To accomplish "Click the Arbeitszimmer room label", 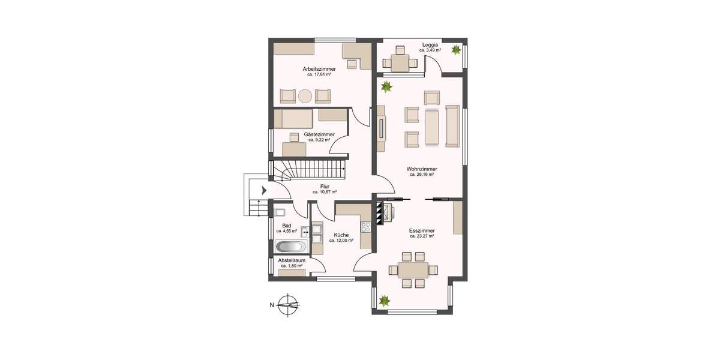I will [x=319, y=69].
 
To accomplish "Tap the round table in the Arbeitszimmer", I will [x=305, y=95].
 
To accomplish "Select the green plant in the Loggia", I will [x=457, y=49].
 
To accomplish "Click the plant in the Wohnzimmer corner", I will [x=386, y=88].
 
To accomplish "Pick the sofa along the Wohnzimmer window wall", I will [x=452, y=125].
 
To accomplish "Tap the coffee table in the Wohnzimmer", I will [x=432, y=127].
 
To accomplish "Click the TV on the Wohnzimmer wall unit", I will [x=381, y=129].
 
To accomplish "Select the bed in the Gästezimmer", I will [x=292, y=117].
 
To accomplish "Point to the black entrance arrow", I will [x=264, y=191].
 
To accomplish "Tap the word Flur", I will [x=325, y=186].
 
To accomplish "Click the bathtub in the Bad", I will [x=291, y=247].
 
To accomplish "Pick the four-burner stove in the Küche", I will [x=365, y=227].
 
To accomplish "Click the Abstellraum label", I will [x=292, y=260].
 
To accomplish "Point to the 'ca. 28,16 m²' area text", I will [x=422, y=175].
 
